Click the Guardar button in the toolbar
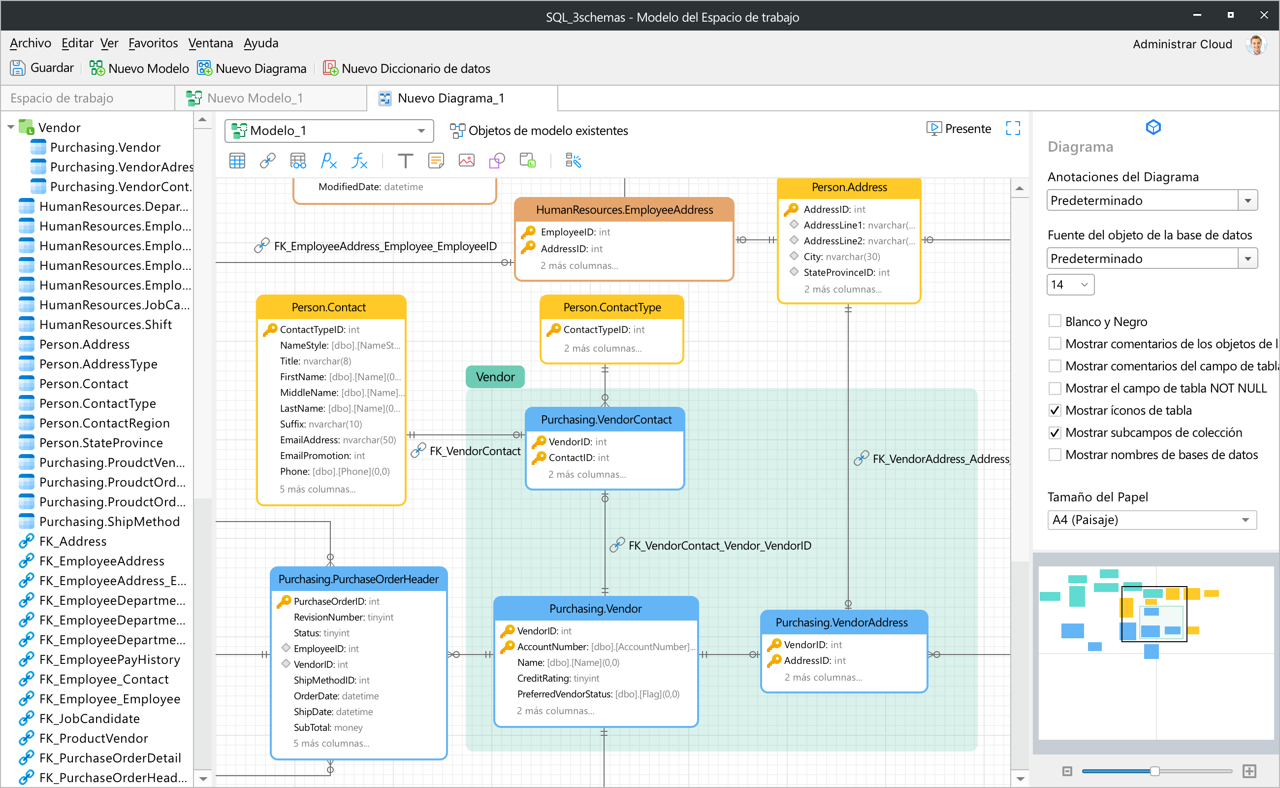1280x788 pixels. coord(42,68)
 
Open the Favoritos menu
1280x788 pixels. coord(153,43)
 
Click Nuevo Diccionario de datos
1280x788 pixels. coord(407,68)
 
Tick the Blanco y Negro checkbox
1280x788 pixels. coord(1055,321)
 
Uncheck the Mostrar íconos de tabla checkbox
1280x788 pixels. coord(1055,410)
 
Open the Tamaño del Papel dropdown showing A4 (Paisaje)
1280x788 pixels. coord(1152,520)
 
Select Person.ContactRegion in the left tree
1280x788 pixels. coord(104,423)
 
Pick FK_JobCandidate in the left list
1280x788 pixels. coord(89,719)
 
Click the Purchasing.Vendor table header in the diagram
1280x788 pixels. coord(596,609)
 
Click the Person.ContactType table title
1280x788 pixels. coord(612,307)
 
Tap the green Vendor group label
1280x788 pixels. coord(495,377)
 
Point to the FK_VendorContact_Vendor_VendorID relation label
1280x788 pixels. coord(719,546)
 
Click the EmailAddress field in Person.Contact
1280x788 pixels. coord(338,440)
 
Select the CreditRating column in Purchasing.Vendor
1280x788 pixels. coord(558,678)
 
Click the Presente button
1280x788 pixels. coord(959,129)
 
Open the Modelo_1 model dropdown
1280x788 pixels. coord(329,131)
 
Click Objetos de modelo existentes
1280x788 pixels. coord(539,131)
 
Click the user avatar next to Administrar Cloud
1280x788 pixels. coord(1256,44)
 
